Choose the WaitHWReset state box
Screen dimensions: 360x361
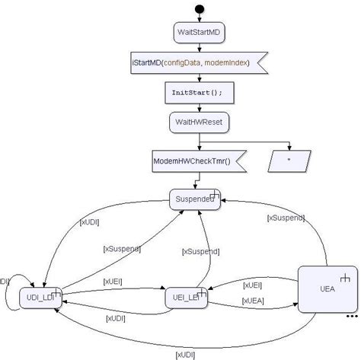[x=199, y=122]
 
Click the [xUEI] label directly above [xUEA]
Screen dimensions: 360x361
[x=252, y=285]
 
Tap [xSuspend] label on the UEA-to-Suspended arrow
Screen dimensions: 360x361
[x=286, y=218]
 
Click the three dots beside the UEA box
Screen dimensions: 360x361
[x=351, y=315]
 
